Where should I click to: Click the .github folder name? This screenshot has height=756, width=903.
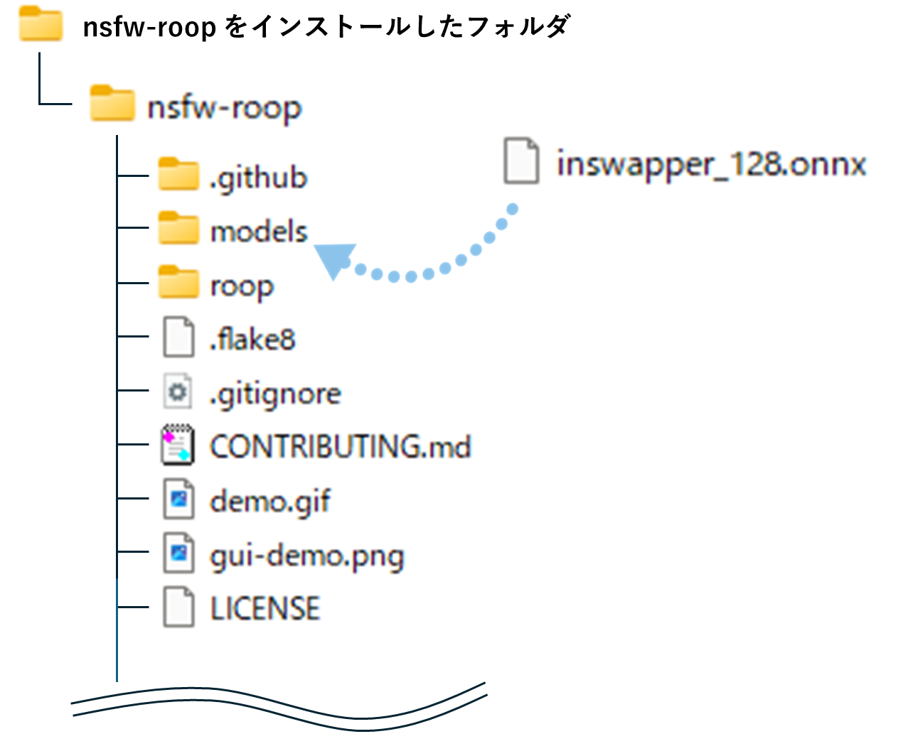pos(258,177)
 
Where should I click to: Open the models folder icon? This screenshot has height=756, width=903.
pos(178,229)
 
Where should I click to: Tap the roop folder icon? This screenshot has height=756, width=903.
pos(178,283)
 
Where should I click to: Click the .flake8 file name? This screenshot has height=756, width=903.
pos(252,339)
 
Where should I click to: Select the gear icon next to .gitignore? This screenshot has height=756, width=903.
pos(178,391)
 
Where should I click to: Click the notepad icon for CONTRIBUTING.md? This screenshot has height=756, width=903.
pos(178,445)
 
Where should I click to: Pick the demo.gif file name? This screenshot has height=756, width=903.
pos(270,501)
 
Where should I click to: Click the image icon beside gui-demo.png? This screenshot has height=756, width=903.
pos(178,553)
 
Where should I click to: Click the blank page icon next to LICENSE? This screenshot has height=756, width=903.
pos(178,607)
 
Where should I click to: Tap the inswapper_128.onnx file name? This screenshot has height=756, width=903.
pos(711,163)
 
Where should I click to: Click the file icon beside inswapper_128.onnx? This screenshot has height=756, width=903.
pos(521,161)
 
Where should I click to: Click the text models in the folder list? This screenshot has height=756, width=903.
pos(259,232)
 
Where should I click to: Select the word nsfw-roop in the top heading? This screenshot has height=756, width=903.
pos(149,27)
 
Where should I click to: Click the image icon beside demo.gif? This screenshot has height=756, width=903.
pos(178,499)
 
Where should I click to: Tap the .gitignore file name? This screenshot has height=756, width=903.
pos(275,394)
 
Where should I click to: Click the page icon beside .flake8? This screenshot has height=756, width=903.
pos(178,337)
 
